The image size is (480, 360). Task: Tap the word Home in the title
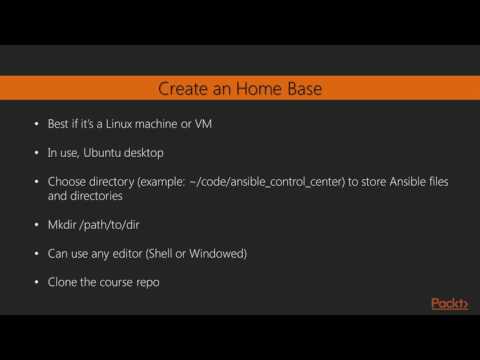pyautogui.click(x=257, y=89)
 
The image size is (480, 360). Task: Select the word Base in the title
pyautogui.click(x=301, y=89)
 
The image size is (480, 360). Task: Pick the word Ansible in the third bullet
pyautogui.click(x=374, y=183)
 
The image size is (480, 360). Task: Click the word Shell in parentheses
pyautogui.click(x=174, y=254)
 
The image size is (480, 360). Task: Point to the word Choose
pyautogui.click(x=68, y=183)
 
